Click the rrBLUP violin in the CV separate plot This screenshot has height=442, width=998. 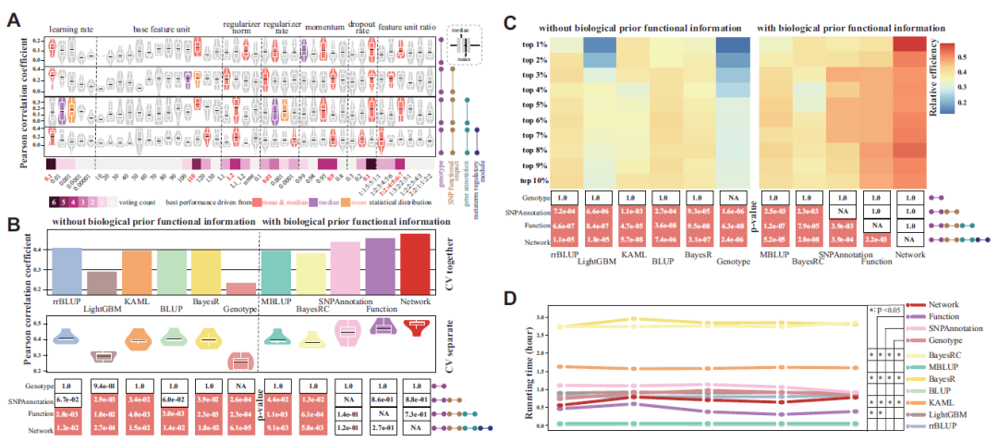pyautogui.click(x=66, y=338)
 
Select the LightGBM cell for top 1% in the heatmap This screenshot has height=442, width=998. pyautogui.click(x=603, y=45)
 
